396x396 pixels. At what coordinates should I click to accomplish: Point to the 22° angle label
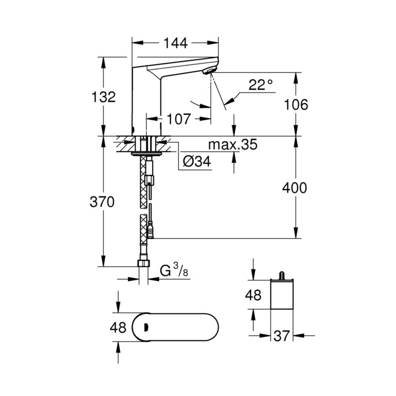pos(260,85)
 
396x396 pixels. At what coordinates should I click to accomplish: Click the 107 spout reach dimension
pos(178,119)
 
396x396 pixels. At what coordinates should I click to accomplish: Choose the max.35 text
pos(232,145)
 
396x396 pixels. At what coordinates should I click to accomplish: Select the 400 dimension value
pos(295,188)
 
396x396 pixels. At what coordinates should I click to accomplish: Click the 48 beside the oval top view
pos(119,327)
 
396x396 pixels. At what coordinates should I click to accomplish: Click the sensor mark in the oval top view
pos(146,327)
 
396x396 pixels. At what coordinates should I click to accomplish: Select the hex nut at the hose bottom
pos(144,264)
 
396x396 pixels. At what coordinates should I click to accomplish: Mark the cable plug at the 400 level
pos(151,230)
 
